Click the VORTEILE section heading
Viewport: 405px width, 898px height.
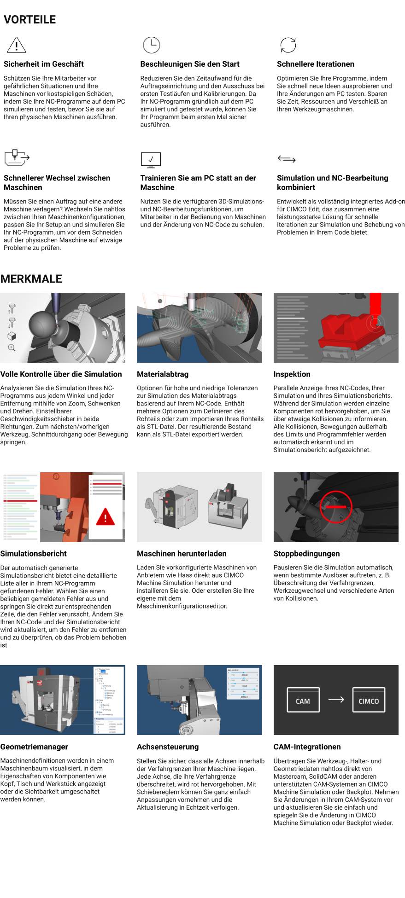coord(30,20)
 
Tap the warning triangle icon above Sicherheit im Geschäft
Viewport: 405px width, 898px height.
coord(17,45)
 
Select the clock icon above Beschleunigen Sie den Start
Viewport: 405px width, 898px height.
coord(151,45)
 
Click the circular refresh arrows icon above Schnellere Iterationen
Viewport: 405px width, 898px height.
coord(288,45)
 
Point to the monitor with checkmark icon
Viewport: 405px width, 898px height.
coord(151,160)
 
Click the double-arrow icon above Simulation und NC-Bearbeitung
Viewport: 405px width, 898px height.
coord(287,159)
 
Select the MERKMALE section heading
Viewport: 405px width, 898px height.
coord(31,279)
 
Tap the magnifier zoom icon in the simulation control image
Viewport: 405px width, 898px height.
coord(12,348)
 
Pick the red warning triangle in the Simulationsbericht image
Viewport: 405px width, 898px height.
coord(106,516)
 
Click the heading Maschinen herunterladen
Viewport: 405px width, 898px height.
coord(182,554)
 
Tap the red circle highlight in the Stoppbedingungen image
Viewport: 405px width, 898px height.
coord(336,506)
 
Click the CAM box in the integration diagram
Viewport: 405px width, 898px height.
coord(303,700)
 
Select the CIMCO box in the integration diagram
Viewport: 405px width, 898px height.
coord(369,700)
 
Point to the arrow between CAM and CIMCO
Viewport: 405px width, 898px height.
coord(336,699)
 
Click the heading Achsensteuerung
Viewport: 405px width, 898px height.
coord(168,747)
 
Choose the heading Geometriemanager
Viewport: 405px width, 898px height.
coord(34,747)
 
